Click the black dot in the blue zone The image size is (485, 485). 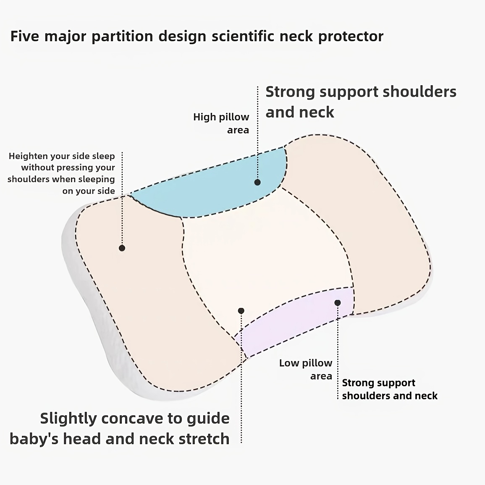click(257, 182)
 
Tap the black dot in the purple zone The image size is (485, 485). click(338, 303)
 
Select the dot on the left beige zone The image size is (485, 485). click(122, 248)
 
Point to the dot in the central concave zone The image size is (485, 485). click(241, 311)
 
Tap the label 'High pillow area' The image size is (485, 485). click(221, 123)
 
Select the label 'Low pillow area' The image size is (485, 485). click(306, 369)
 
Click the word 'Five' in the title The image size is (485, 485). click(25, 36)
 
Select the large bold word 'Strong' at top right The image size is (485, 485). click(290, 92)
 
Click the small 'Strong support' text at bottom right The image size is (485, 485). click(378, 383)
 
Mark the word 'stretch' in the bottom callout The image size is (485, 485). click(204, 439)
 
